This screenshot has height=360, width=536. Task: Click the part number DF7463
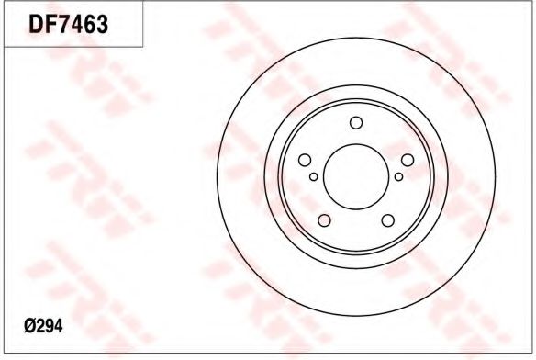68,24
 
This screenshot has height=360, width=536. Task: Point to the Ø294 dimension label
43,326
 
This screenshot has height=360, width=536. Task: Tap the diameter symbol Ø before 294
29,326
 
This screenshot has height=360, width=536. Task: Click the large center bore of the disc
356,176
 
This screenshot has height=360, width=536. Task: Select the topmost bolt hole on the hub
356,123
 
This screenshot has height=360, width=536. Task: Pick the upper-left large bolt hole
305,160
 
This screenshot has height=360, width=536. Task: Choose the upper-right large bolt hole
408,160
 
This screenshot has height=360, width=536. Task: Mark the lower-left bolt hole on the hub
324,220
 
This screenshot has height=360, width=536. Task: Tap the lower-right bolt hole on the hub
388,220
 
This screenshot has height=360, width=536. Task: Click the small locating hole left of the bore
314,176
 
